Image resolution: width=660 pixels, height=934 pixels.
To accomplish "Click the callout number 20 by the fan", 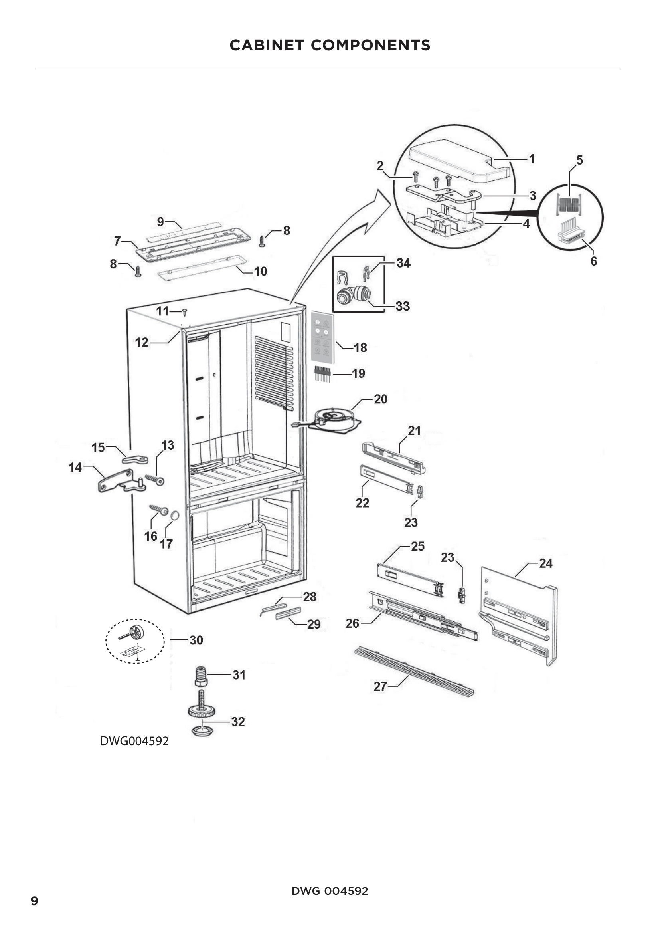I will pos(380,399).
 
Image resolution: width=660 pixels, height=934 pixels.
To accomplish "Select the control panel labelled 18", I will pos(322,337).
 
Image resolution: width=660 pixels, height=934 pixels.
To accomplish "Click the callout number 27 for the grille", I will pos(380,687).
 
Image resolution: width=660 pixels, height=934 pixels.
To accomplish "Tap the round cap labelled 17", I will pos(175,516).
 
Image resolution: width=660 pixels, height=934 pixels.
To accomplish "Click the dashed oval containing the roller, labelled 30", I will pos(135,642).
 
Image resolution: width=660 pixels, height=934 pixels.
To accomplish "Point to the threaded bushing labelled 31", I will pos(201,676).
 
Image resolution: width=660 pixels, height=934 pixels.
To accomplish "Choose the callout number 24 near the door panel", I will pos(545,563).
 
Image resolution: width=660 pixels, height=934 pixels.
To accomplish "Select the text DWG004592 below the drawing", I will pos(134,741).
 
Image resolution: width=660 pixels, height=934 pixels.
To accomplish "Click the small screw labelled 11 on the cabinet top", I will pos(184,312).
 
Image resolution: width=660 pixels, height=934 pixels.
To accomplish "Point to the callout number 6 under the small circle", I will pos(593,261).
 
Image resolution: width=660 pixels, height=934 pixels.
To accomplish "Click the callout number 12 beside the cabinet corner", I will pos(141,343).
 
